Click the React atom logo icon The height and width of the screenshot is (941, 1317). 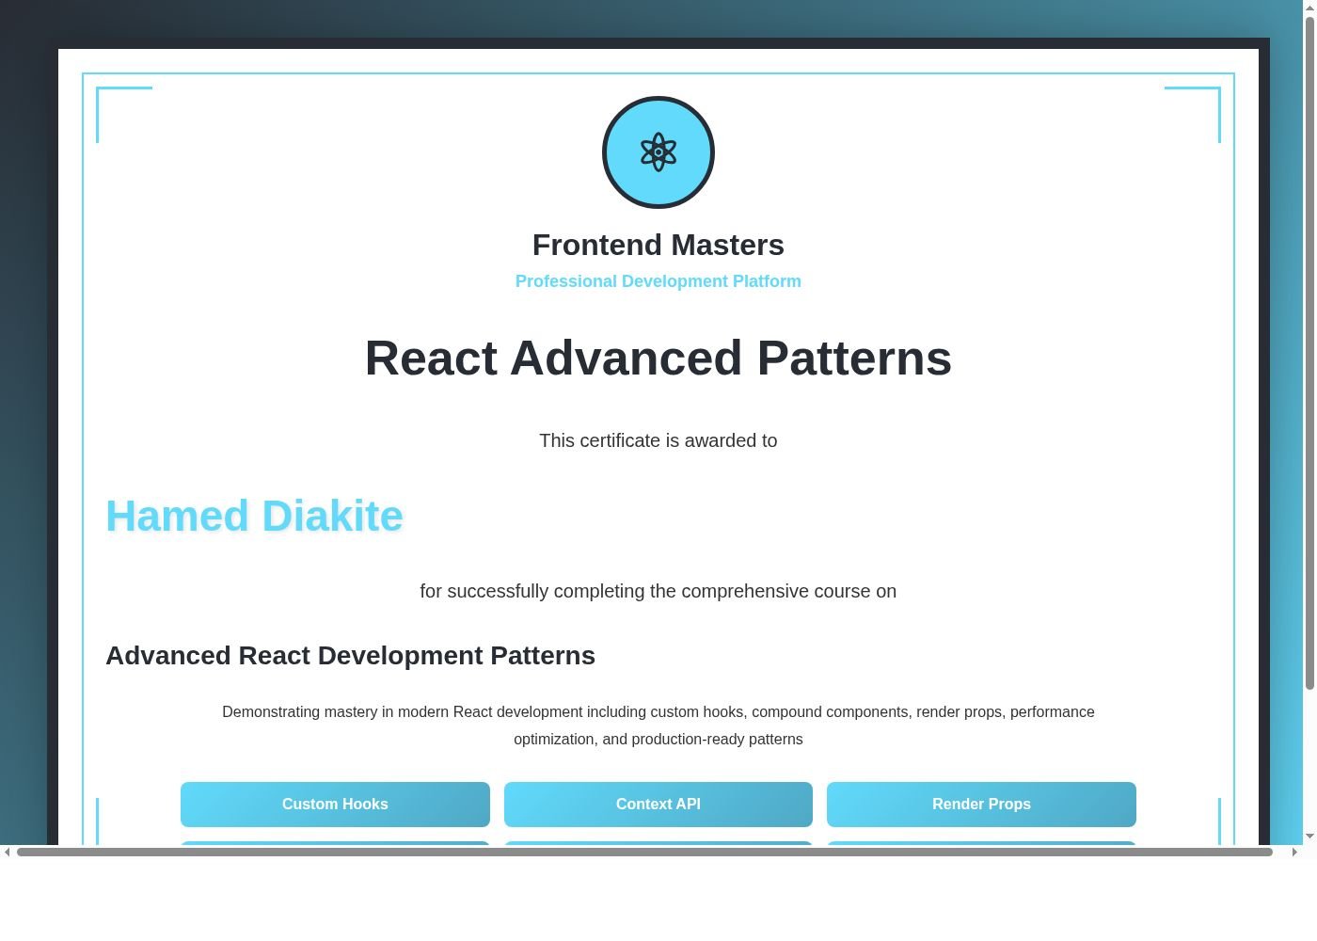(x=658, y=152)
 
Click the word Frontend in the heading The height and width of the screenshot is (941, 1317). (x=597, y=245)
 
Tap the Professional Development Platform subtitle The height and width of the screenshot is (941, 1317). (x=658, y=281)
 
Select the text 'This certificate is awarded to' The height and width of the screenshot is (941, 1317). (x=658, y=440)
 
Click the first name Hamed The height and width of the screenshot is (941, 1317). (x=177, y=516)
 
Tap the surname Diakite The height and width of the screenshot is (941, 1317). (x=333, y=516)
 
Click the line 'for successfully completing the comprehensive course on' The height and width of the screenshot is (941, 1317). (x=658, y=591)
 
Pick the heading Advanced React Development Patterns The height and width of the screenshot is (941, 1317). (x=350, y=655)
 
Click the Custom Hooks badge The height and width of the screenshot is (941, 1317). (x=335, y=804)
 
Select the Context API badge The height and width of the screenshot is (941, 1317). (x=658, y=804)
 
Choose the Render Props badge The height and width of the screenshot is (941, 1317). (x=981, y=804)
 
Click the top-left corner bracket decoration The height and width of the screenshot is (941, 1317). (x=103, y=94)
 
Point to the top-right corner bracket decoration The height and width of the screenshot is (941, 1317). (x=1214, y=94)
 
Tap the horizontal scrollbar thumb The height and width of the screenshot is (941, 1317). (x=644, y=852)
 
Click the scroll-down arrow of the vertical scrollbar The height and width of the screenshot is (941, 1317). (x=1309, y=836)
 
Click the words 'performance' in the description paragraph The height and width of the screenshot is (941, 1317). (x=1052, y=711)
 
